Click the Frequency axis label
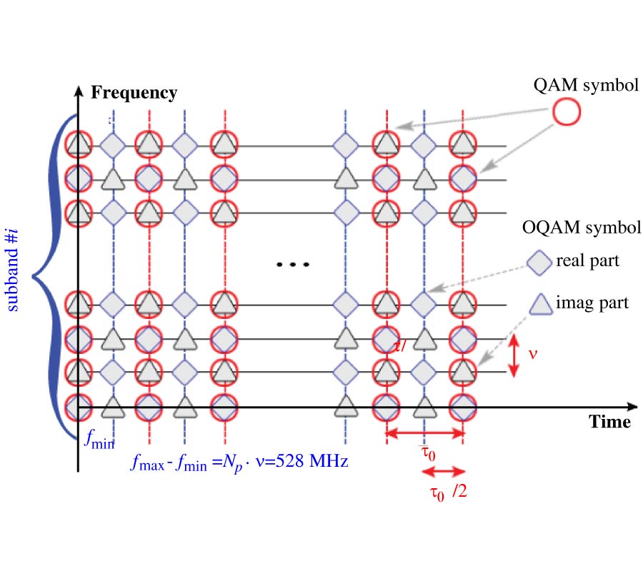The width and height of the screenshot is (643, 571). pyautogui.click(x=134, y=93)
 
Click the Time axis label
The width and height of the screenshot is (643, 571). pyautogui.click(x=609, y=422)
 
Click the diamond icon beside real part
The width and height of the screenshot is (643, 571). pyautogui.click(x=539, y=262)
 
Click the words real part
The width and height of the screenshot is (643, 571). pyautogui.click(x=587, y=261)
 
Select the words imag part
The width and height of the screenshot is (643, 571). pyautogui.click(x=592, y=303)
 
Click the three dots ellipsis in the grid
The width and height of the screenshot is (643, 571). pyautogui.click(x=293, y=265)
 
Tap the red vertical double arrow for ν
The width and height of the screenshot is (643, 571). pyautogui.click(x=513, y=355)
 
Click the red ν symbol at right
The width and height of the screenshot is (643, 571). pyautogui.click(x=532, y=353)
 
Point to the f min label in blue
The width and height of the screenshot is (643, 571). pyautogui.click(x=99, y=440)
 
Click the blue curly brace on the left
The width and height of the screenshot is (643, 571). pyautogui.click(x=50, y=275)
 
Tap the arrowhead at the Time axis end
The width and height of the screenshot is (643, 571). pyautogui.click(x=632, y=407)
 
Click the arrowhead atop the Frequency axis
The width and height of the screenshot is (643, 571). pyautogui.click(x=77, y=91)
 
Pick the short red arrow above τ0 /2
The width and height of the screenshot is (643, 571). pyautogui.click(x=444, y=471)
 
